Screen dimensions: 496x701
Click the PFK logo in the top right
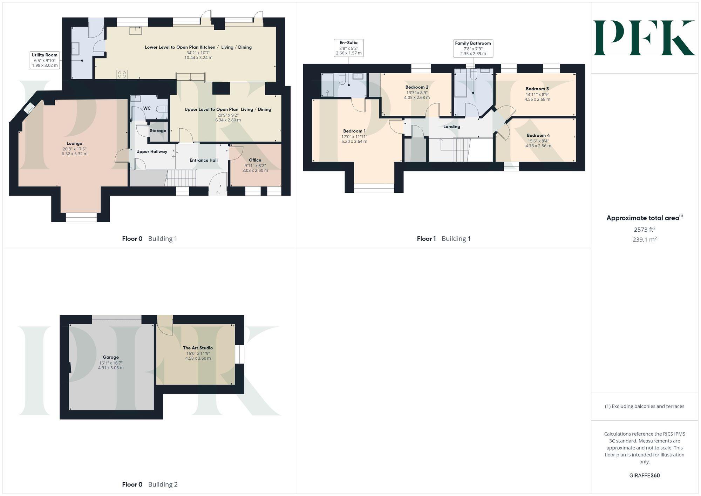click(644, 38)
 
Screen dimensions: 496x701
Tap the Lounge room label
click(74, 143)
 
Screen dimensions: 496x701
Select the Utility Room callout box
click(45, 60)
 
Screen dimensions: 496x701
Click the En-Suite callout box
click(348, 48)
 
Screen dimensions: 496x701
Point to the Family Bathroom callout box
click(473, 48)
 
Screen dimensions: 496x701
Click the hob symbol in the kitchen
click(122, 74)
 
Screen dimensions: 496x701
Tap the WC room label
click(147, 108)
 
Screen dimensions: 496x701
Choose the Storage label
click(158, 131)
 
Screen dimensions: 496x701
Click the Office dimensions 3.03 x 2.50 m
click(255, 171)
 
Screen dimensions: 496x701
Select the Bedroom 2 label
click(417, 87)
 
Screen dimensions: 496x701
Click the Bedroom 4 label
click(538, 135)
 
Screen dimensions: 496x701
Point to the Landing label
click(451, 127)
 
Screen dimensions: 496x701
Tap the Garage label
click(111, 357)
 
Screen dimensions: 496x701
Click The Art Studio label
click(198, 348)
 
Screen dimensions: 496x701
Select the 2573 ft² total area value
click(645, 230)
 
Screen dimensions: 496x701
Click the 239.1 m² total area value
click(645, 240)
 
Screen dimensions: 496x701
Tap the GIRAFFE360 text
click(645, 476)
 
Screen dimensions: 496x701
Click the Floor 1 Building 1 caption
click(444, 239)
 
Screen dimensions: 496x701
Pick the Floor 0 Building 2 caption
click(150, 484)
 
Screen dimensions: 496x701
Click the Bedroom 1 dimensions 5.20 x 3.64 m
click(354, 142)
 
